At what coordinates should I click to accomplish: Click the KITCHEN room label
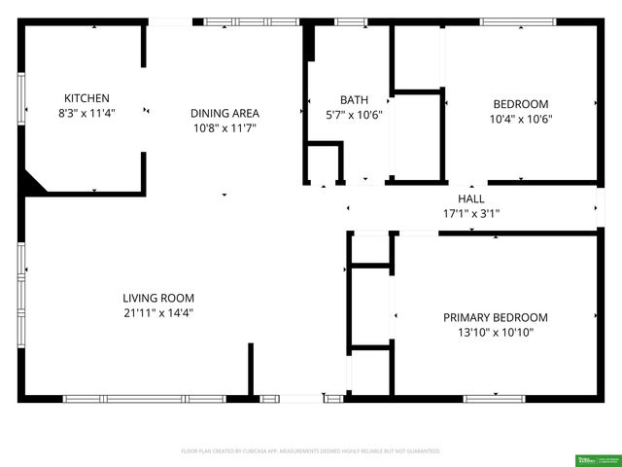pyautogui.click(x=86, y=98)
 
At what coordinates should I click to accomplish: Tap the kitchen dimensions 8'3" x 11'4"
pyautogui.click(x=86, y=113)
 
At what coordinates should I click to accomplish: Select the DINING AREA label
pyautogui.click(x=225, y=113)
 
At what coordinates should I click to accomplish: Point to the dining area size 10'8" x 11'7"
pyautogui.click(x=225, y=127)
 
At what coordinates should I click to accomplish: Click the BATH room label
pyautogui.click(x=354, y=99)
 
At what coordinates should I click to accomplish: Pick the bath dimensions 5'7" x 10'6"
pyautogui.click(x=354, y=114)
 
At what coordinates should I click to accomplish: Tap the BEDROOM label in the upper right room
pyautogui.click(x=521, y=104)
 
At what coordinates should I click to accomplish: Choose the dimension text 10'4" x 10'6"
pyautogui.click(x=521, y=120)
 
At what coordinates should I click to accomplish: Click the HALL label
pyautogui.click(x=471, y=198)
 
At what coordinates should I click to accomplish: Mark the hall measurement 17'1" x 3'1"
pyautogui.click(x=471, y=213)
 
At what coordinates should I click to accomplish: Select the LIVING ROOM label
pyautogui.click(x=158, y=298)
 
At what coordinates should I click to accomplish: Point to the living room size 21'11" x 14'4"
pyautogui.click(x=158, y=313)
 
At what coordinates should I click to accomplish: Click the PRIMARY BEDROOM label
pyautogui.click(x=495, y=317)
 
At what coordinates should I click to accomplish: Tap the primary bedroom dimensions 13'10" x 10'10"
pyautogui.click(x=495, y=333)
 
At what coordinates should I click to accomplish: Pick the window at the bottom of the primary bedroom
pyautogui.click(x=494, y=398)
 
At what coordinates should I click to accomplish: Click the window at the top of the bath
pyautogui.click(x=351, y=21)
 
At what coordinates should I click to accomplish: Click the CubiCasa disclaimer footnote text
pyautogui.click(x=311, y=451)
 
